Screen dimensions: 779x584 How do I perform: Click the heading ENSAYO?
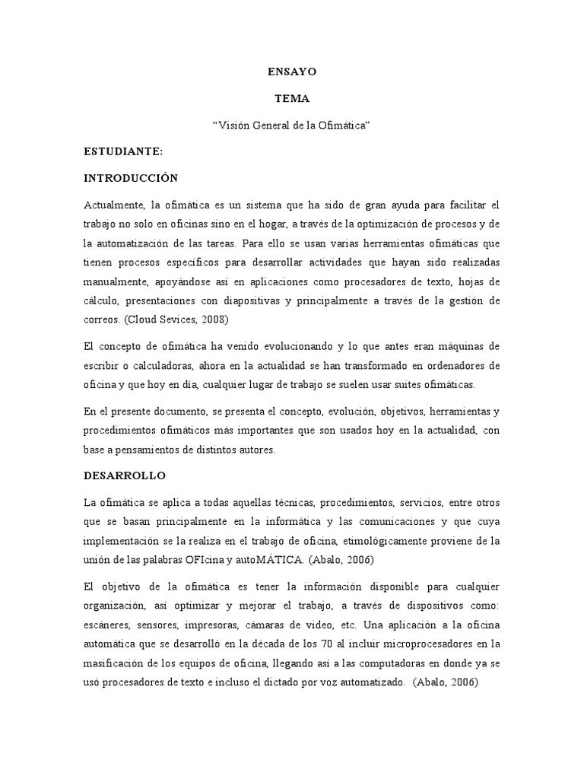click(292, 72)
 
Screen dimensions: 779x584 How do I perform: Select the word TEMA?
click(292, 98)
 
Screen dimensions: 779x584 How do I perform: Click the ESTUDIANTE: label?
click(123, 151)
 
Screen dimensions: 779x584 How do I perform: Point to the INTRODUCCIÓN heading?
click(131, 178)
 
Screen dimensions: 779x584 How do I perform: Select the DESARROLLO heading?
click(125, 475)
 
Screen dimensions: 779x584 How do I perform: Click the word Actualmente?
click(115, 205)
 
